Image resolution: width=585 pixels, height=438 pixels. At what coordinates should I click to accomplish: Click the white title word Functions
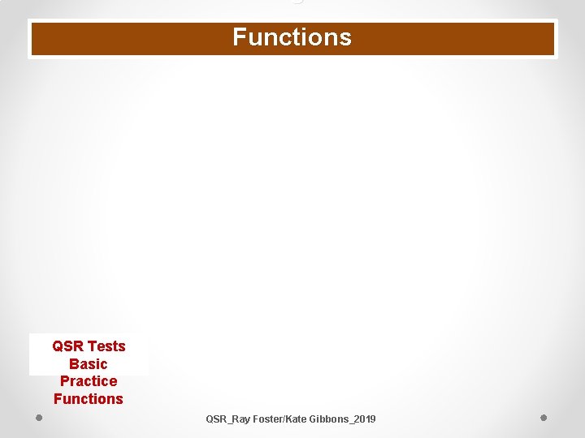tap(292, 37)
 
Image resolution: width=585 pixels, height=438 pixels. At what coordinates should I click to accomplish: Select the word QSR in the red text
tap(68, 346)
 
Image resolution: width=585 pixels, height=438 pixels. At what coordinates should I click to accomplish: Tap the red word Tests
tap(106, 346)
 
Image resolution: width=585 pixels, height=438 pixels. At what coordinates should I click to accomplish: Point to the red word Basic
tap(89, 364)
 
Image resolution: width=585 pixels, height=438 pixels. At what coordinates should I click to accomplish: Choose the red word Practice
tap(89, 381)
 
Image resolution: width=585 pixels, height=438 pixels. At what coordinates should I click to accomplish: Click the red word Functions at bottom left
tap(89, 399)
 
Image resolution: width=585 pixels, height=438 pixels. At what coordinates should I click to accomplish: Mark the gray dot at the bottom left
tap(39, 418)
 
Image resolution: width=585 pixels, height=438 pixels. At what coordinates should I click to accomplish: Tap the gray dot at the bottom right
tap(544, 418)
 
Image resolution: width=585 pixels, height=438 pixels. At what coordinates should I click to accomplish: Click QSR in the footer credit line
tap(216, 419)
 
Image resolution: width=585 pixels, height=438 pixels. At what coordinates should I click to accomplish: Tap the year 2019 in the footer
tap(365, 419)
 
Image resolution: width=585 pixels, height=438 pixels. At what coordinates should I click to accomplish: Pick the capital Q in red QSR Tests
tap(58, 346)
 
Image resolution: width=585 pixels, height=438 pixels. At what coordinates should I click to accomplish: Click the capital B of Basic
tap(74, 364)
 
